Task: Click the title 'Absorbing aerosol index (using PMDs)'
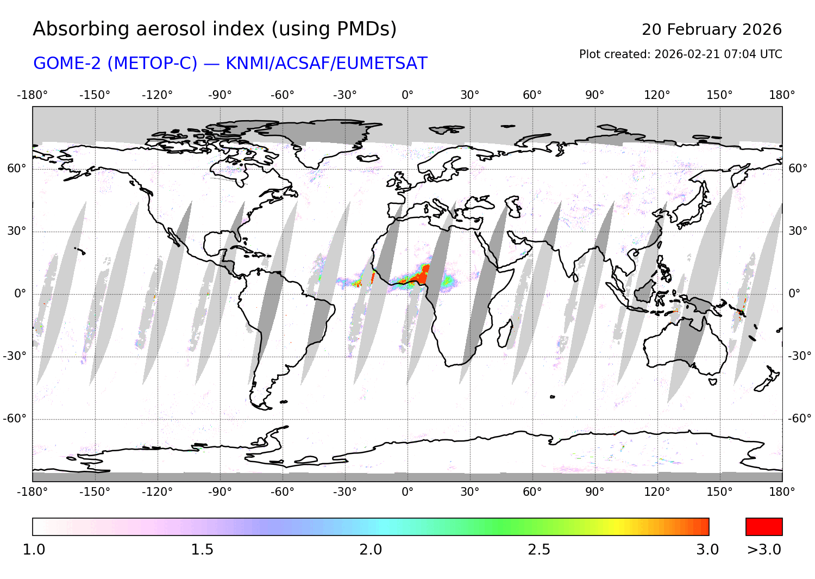(215, 29)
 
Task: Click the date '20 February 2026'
(711, 29)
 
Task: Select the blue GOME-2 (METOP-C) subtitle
(230, 64)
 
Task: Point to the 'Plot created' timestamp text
(680, 54)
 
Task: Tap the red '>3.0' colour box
(764, 527)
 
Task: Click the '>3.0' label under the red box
(764, 550)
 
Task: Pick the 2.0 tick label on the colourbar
(371, 550)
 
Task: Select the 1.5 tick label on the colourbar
(202, 550)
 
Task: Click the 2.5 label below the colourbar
(539, 550)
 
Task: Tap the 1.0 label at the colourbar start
(34, 550)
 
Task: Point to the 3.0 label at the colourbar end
(707, 550)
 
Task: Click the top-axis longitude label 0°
(407, 95)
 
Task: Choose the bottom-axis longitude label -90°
(220, 492)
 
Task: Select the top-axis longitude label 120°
(657, 95)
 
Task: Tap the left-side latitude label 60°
(16, 169)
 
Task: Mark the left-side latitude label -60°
(15, 419)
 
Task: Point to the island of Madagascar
(505, 333)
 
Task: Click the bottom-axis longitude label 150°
(719, 492)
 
